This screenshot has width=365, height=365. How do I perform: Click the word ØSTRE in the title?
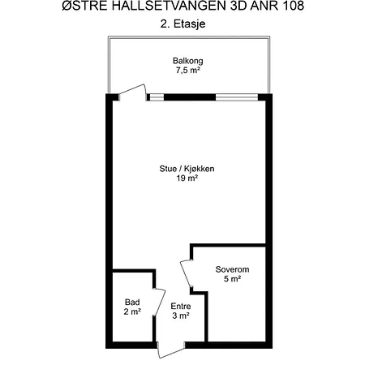coord(85,6)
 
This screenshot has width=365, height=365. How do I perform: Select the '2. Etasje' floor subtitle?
coord(182,24)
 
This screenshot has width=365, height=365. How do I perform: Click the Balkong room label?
coord(188,61)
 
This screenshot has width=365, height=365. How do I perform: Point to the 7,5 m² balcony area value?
coord(188,71)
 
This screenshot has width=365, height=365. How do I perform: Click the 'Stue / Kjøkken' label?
coord(187,169)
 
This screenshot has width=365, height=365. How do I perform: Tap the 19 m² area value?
coord(187,178)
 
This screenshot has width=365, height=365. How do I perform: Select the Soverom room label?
coord(232,269)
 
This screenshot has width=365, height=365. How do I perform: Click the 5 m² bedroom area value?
coord(232,279)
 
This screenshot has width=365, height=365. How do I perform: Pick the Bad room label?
coord(132,302)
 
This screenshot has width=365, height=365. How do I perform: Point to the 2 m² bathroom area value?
coord(132,311)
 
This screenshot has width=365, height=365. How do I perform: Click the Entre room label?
coord(181,306)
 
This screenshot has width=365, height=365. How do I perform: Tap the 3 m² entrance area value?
coord(181,316)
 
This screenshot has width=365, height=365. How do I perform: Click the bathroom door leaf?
coord(160,303)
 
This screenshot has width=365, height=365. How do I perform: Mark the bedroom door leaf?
coord(187,273)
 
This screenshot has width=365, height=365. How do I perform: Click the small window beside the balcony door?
coord(157,97)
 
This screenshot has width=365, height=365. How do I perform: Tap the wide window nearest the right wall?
coord(237,97)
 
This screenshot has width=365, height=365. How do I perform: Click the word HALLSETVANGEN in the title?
coord(170,6)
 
